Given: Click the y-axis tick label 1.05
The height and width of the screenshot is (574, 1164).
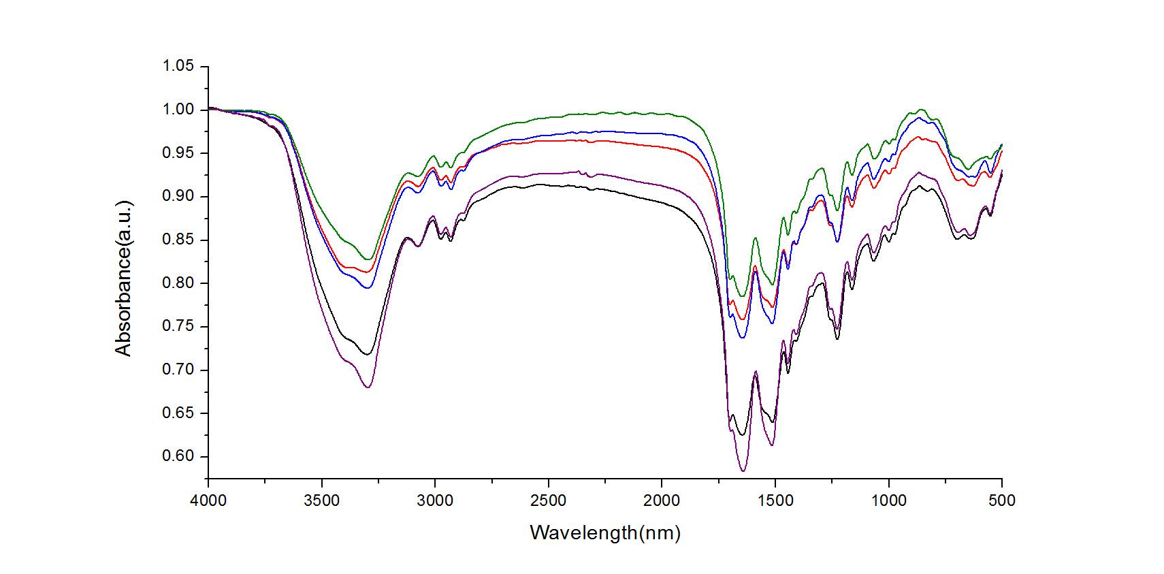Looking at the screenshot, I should coord(178,66).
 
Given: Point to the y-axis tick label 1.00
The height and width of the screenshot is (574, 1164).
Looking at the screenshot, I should coord(178,110).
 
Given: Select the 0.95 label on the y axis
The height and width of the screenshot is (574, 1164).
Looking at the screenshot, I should coord(178,153).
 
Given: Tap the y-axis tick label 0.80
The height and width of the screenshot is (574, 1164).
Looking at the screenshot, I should coord(178,283).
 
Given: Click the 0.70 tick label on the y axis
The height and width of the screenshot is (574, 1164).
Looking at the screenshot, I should coord(178,370).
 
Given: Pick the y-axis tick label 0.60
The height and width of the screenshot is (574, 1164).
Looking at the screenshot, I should coord(178,457).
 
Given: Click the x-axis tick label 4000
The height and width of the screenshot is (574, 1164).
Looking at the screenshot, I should coord(208,501).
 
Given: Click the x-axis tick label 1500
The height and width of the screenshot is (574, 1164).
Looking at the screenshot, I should coord(775,501).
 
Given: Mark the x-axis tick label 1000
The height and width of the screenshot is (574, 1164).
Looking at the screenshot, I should coord(889,501).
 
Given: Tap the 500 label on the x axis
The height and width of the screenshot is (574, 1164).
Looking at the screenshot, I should coord(1002,501).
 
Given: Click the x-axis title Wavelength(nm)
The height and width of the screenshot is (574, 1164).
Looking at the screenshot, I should coord(605,532).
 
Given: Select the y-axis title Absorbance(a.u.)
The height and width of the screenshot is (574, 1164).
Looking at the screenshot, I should coord(123,278).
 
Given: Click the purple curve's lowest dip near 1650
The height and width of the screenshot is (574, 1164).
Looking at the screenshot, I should coord(743,471).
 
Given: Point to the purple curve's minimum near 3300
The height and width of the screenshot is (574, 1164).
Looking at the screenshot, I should coord(368,387).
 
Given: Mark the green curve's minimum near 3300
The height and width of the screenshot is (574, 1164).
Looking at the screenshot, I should coord(368,259).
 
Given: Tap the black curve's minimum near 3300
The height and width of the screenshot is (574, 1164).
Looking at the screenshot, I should coord(368,354).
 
